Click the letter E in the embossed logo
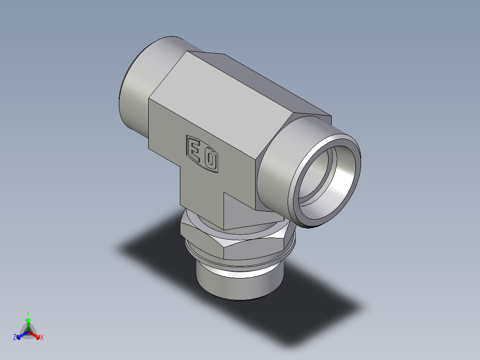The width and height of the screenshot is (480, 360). (195, 148)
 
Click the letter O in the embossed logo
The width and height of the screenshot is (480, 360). (210, 159)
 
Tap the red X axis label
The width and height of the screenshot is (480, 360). (42, 338)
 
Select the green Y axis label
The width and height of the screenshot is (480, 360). (28, 313)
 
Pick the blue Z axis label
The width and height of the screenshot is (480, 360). (15, 338)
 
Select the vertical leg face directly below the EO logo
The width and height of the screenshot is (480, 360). (200, 192)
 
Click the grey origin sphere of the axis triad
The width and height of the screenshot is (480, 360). (28, 332)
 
